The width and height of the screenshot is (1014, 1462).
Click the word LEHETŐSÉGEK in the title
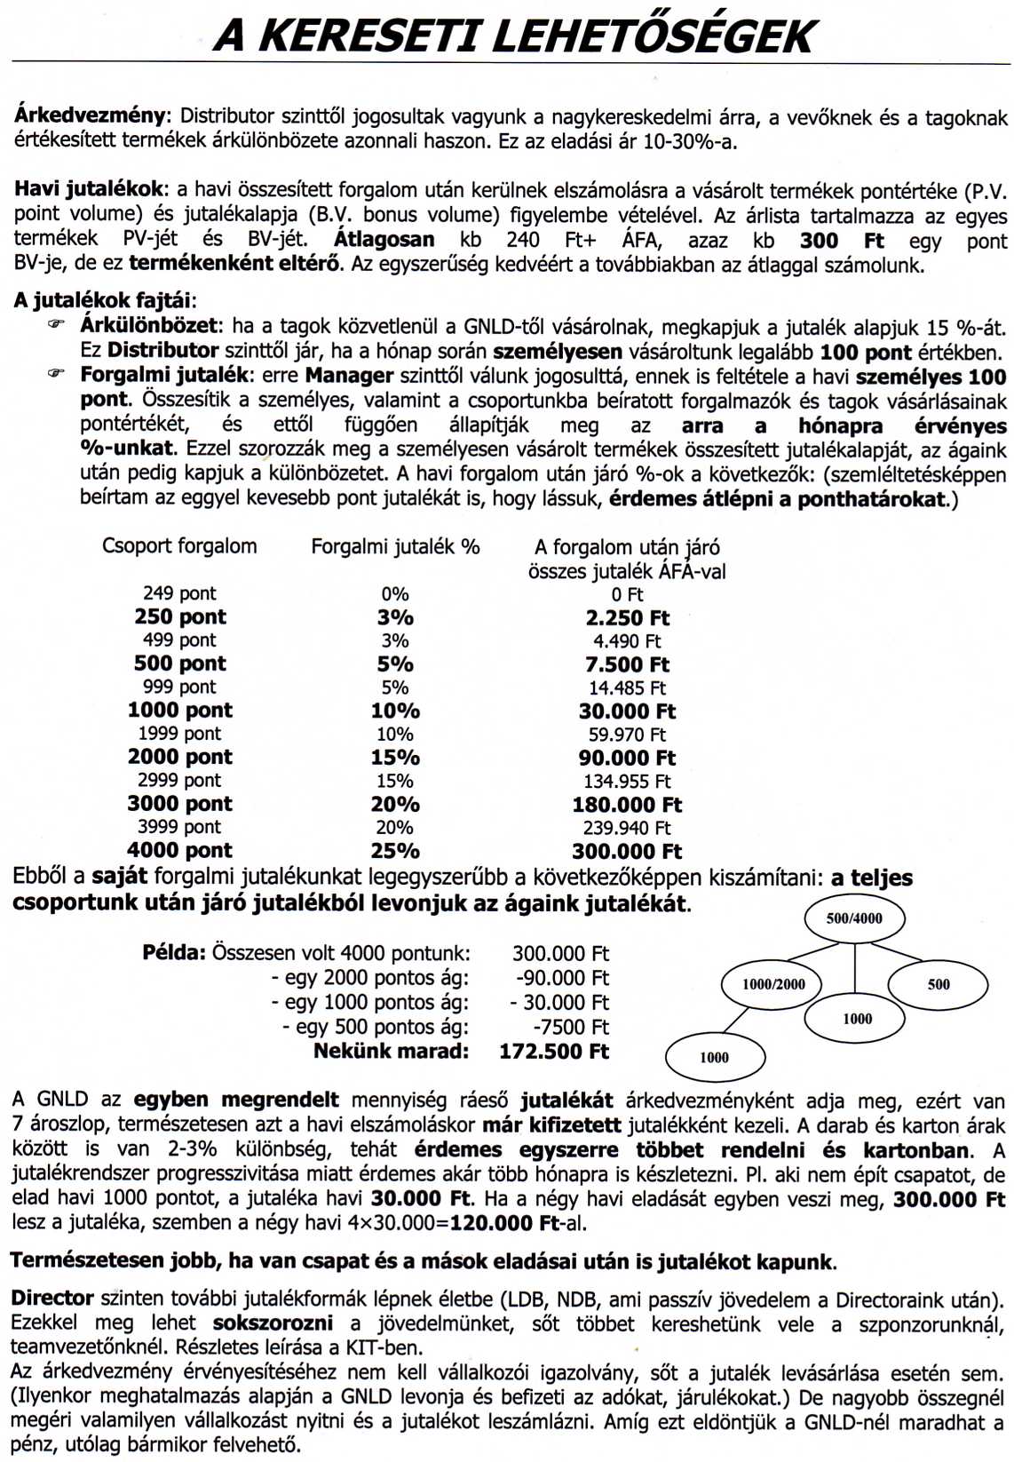[x=653, y=36]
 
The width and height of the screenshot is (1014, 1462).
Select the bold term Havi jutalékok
[x=89, y=188]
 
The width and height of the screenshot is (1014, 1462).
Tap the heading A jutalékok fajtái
[x=104, y=300]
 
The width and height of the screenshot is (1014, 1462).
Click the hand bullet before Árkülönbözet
[x=58, y=326]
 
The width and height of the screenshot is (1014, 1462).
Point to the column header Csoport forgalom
[x=179, y=546]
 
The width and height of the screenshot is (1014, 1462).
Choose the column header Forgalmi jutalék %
[x=395, y=547]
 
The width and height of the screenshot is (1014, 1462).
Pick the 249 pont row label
[x=179, y=593]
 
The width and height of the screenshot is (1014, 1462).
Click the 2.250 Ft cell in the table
[x=627, y=618]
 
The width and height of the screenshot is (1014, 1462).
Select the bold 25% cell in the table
[x=395, y=851]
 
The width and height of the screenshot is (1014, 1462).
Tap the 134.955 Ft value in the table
[x=627, y=782]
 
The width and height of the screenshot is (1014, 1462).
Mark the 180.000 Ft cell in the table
[x=627, y=805]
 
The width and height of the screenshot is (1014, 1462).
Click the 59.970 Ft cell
[x=627, y=735]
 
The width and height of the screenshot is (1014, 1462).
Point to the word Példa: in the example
[x=174, y=953]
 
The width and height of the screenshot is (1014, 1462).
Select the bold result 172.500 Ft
[x=554, y=1052]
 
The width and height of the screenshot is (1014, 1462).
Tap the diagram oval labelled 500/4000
[x=854, y=918]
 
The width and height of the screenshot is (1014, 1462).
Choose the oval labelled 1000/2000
[x=773, y=983]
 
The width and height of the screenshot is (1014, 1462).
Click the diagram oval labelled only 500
[x=939, y=984]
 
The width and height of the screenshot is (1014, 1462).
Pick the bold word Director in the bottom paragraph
[x=52, y=1299]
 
